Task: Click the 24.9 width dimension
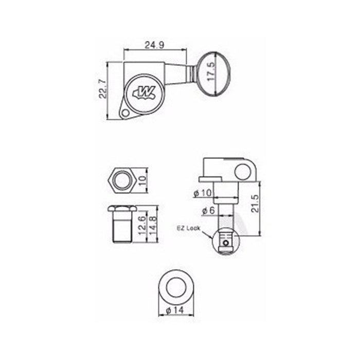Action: [154, 45]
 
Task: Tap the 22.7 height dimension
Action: [103, 89]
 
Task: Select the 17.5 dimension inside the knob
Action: [210, 71]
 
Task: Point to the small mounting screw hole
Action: [125, 113]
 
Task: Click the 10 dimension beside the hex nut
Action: [142, 181]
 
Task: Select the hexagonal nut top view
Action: [122, 181]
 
